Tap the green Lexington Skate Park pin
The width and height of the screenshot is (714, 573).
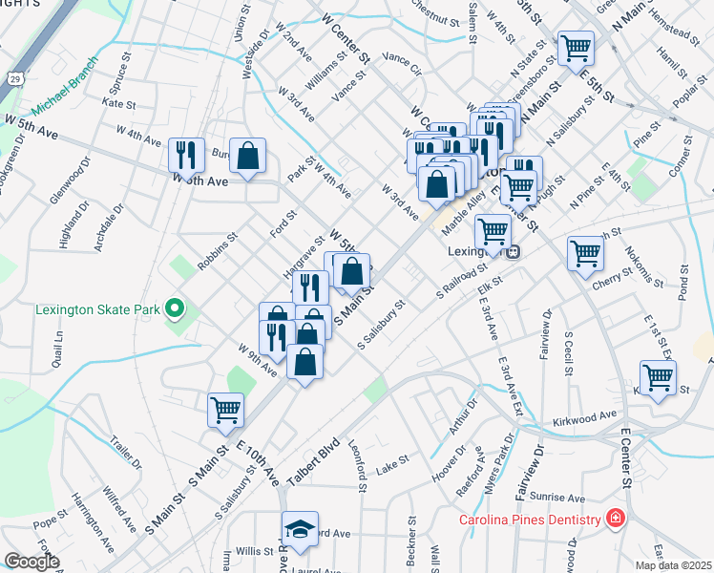point(174,308)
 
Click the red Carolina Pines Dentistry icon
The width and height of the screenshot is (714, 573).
point(617,519)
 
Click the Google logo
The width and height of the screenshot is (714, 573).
point(31,562)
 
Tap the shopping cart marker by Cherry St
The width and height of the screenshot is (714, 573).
point(585,254)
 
